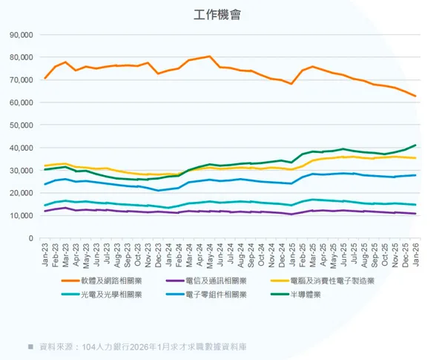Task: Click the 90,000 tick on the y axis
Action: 22,35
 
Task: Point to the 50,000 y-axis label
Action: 22,125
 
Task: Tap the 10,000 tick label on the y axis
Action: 22,216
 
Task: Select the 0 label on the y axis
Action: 30,238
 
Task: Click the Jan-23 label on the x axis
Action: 46,255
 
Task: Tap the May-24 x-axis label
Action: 210,255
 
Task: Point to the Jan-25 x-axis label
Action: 291,255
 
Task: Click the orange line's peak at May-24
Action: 210,56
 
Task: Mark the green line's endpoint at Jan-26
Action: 415,145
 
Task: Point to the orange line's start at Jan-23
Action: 46,78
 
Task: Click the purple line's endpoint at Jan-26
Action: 415,214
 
